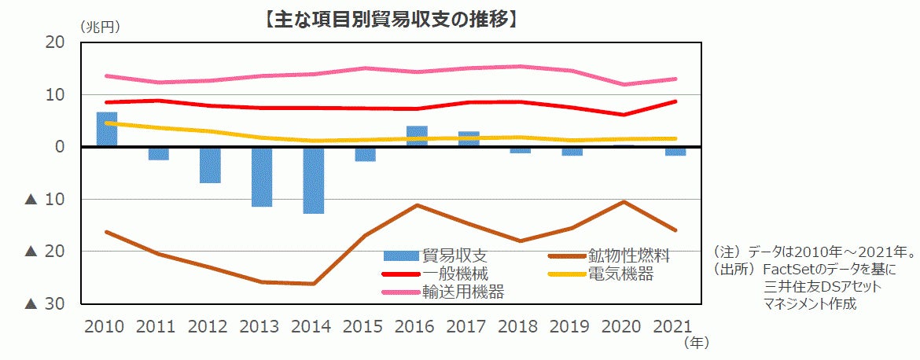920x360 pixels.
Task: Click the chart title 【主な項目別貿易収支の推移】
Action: coord(391,18)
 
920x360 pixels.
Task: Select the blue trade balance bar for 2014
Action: coord(313,181)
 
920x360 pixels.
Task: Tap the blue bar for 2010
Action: coord(107,130)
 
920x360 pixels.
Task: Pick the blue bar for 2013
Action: coord(262,177)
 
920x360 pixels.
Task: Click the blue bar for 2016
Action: coord(417,137)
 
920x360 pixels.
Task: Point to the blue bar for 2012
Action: coord(210,165)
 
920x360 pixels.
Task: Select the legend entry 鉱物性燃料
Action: coord(628,255)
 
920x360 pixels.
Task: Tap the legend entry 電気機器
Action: coord(620,274)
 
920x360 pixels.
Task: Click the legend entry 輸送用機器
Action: coord(463,292)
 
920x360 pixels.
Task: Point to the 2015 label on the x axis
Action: coord(364,325)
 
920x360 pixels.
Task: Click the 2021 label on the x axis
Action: coord(674,325)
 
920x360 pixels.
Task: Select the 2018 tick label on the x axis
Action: coord(519,325)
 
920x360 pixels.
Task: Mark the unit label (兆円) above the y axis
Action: coord(100,27)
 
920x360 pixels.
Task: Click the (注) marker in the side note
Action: coord(728,252)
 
